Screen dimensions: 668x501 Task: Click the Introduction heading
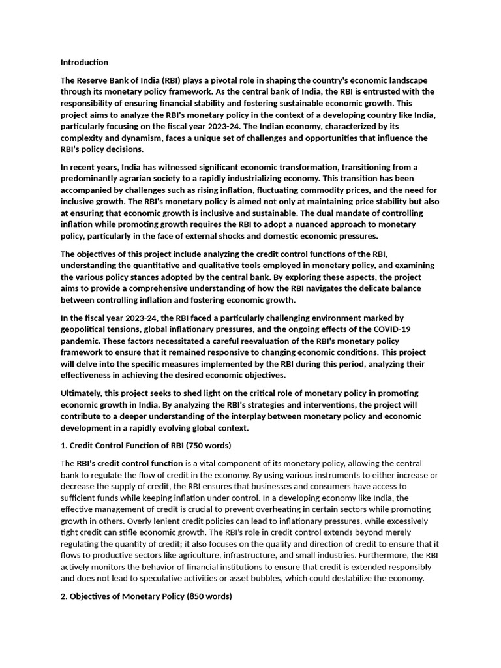(84, 63)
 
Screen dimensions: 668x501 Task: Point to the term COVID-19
(391, 330)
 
